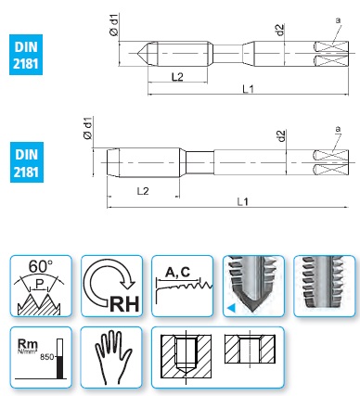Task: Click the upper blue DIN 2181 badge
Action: [x=26, y=55]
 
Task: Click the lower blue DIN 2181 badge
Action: [x=27, y=162]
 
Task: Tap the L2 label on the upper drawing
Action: [x=177, y=76]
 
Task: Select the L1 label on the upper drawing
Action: [x=248, y=89]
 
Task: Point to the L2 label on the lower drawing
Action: [x=143, y=191]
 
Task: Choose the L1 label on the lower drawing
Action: [x=243, y=201]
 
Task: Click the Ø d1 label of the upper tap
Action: [x=114, y=25]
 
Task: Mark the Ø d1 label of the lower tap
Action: [x=88, y=128]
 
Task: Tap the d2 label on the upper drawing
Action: [x=280, y=30]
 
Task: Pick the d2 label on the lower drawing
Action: [x=282, y=136]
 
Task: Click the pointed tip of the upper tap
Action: [x=137, y=54]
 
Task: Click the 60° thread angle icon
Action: [x=41, y=286]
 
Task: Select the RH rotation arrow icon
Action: [x=112, y=286]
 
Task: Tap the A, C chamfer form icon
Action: [x=183, y=286]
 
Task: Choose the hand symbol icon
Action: [x=111, y=357]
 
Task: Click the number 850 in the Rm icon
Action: [x=47, y=357]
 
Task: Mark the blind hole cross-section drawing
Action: [x=186, y=356]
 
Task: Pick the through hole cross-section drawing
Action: [x=250, y=349]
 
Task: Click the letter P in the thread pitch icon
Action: [x=39, y=284]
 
